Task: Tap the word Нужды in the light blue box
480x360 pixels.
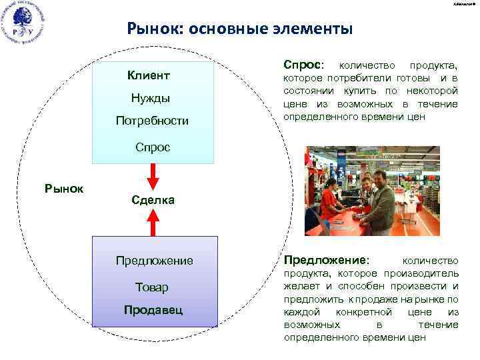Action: click(x=150, y=99)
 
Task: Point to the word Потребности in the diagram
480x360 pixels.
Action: click(x=152, y=121)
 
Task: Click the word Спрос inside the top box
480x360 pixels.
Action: click(x=152, y=147)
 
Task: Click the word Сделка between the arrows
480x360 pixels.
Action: click(x=152, y=199)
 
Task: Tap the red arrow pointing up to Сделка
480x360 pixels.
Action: click(x=153, y=222)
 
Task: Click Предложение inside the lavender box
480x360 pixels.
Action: click(x=154, y=261)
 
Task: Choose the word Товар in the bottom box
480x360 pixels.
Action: click(x=152, y=287)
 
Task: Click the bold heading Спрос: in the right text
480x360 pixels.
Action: click(x=303, y=65)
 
